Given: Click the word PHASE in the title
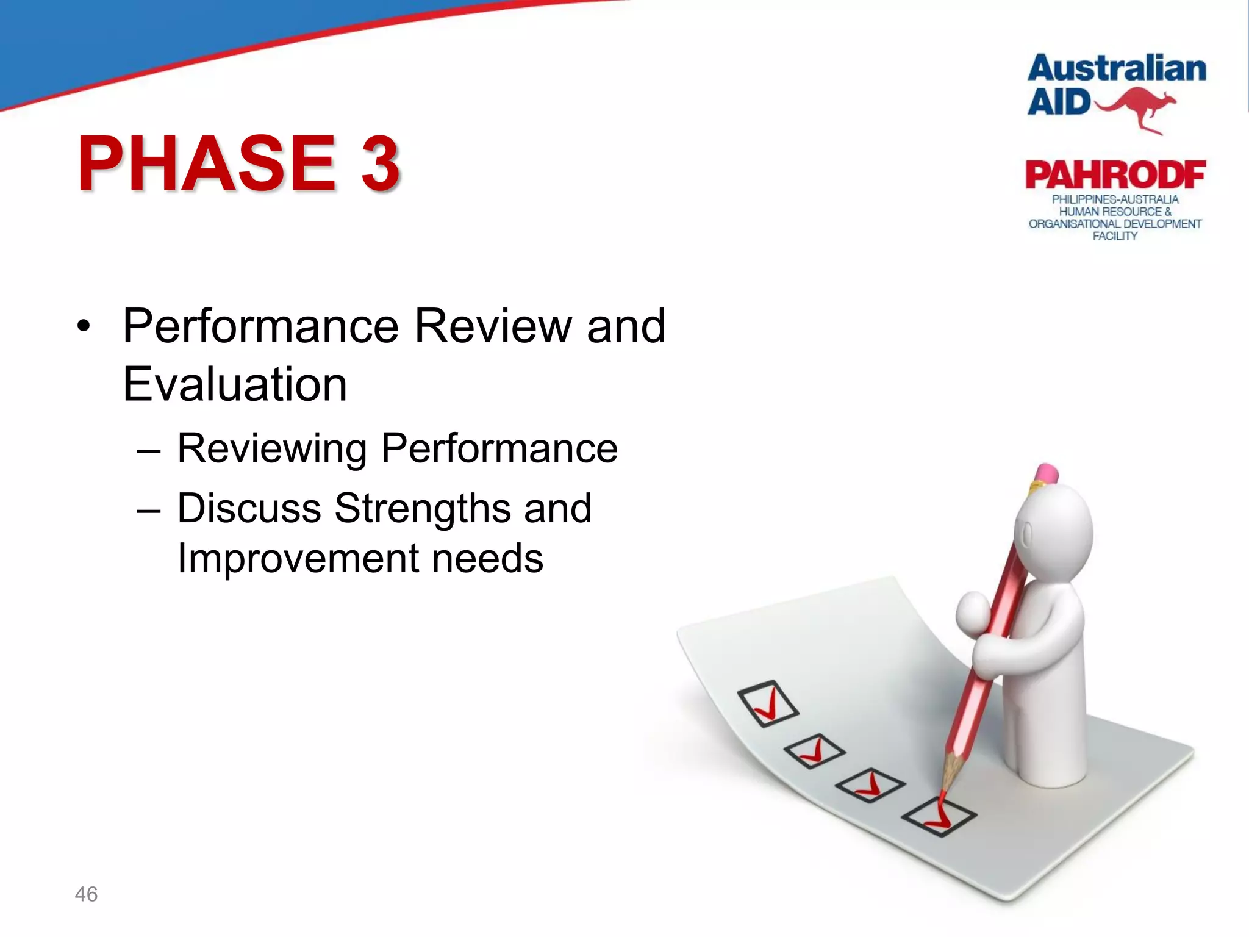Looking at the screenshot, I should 206,163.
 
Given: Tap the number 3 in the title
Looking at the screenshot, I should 379,163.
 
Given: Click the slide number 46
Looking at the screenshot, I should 86,894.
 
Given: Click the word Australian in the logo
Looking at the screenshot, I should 1117,68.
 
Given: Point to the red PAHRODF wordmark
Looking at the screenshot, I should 1115,176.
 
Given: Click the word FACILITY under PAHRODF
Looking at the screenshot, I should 1115,236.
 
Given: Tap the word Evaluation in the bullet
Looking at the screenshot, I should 235,384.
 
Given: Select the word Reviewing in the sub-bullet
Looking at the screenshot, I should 272,448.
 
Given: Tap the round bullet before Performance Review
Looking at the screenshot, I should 84,326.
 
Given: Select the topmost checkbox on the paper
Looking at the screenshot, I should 767,703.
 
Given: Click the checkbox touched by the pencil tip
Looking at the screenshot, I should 939,816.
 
